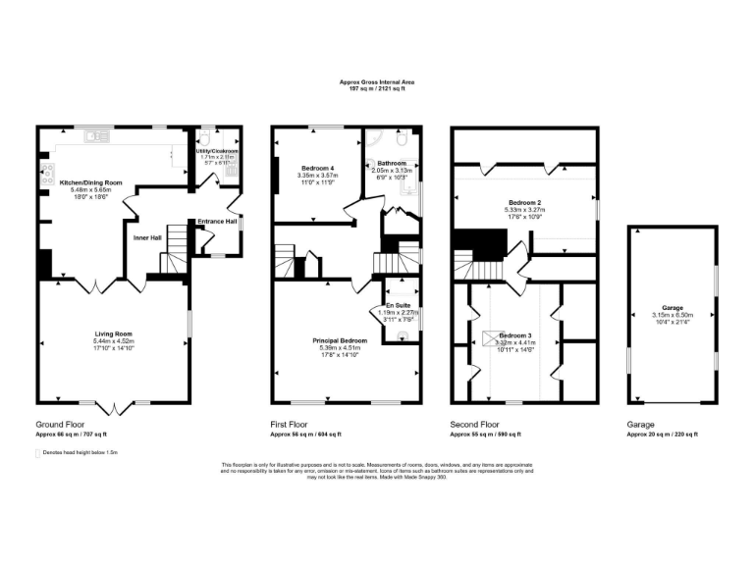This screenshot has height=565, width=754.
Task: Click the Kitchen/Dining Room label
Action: [90, 182]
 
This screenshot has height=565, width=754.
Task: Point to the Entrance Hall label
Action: [218, 221]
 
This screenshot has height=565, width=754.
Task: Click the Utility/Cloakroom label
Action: [216, 150]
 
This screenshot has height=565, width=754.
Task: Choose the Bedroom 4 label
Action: [317, 169]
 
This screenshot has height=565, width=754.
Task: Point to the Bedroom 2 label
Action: [526, 202]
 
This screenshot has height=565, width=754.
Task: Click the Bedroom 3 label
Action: [515, 334]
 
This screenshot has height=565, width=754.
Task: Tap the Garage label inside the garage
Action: [673, 307]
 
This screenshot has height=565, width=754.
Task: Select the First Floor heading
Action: [294, 424]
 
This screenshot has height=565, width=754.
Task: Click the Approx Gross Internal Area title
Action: [377, 82]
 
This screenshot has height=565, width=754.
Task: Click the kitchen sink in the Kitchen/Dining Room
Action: [97, 136]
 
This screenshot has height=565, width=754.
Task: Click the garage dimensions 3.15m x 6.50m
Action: [673, 315]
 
